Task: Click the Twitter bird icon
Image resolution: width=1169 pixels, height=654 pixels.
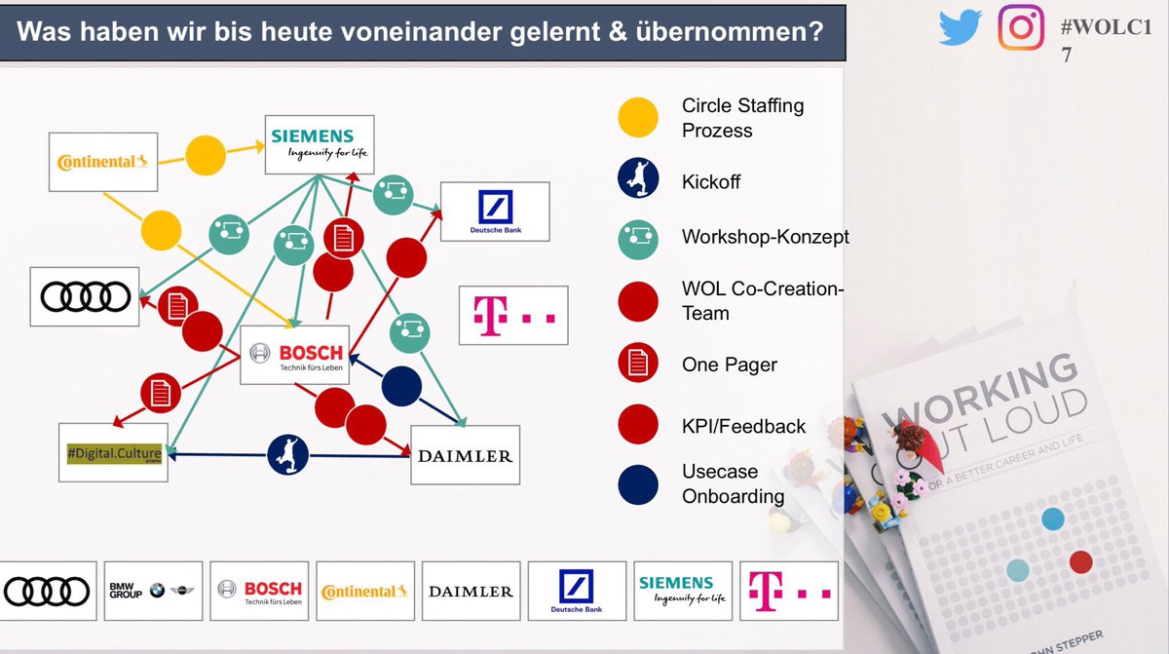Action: click(962, 27)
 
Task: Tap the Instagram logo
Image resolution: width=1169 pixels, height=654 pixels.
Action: click(1020, 26)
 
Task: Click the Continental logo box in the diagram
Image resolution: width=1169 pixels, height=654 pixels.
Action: click(102, 162)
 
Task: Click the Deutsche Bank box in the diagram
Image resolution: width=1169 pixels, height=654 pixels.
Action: click(495, 212)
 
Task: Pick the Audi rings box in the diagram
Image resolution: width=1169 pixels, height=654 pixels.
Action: click(85, 295)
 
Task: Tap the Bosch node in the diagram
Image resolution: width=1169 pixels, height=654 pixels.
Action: click(295, 355)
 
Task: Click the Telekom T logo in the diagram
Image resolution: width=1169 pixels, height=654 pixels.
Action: click(512, 315)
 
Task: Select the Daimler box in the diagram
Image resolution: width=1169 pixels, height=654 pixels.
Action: click(465, 455)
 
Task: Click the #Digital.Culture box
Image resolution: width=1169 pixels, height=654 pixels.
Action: click(113, 452)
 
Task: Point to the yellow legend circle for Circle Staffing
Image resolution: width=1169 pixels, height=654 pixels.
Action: click(637, 118)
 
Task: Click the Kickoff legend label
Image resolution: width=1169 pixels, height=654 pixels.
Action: click(711, 182)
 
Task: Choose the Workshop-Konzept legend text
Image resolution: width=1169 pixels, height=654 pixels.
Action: click(766, 237)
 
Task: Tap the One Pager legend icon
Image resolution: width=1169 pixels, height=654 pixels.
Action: click(637, 365)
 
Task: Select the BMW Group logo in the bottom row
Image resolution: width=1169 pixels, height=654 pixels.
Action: click(153, 591)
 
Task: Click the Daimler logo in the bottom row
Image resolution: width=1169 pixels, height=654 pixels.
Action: click(471, 591)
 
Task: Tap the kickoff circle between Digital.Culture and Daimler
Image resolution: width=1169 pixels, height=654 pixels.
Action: click(288, 454)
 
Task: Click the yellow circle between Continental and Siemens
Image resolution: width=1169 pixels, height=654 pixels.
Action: click(206, 155)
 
